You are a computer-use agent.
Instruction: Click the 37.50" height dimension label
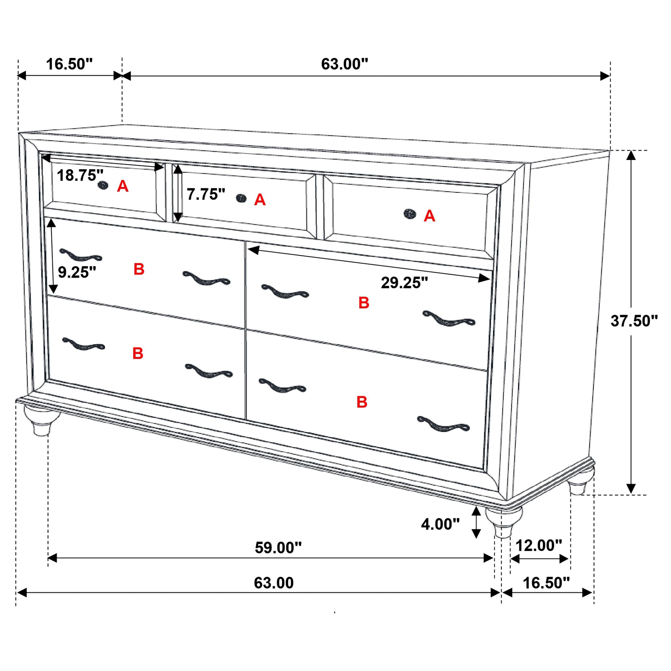tap(634, 321)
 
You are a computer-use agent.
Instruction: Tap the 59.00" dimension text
tap(278, 548)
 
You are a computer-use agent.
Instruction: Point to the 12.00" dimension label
tap(538, 546)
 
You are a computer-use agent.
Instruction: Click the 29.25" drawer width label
tap(404, 283)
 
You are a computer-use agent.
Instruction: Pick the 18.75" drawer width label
tap(80, 175)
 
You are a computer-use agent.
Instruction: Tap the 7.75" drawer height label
tap(206, 195)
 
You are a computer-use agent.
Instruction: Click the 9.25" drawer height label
tap(77, 272)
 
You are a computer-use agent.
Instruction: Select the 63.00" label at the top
tap(344, 64)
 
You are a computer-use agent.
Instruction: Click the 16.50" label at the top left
tap(70, 64)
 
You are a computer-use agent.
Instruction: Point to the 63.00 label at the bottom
tap(274, 583)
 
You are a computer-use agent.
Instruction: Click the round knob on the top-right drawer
tap(410, 214)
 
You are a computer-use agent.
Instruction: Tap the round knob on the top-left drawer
tap(103, 185)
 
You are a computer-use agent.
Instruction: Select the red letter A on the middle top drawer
tap(260, 200)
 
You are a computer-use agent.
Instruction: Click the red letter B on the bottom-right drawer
tap(362, 402)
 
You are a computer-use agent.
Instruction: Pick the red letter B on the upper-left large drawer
tap(139, 269)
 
